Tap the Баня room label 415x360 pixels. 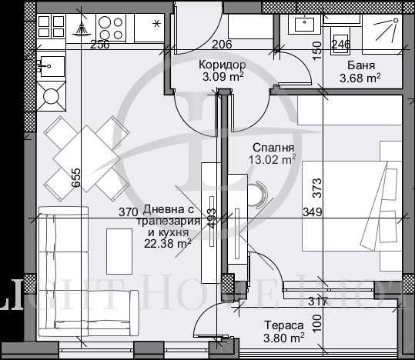pyautogui.click(x=361, y=65)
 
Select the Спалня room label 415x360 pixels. pyautogui.click(x=273, y=147)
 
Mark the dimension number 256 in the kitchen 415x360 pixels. pyautogui.click(x=99, y=45)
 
